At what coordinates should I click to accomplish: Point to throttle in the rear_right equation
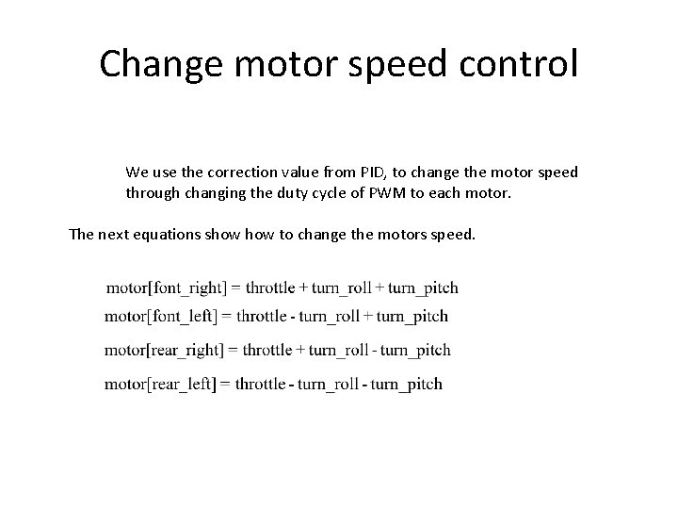pyautogui.click(x=268, y=350)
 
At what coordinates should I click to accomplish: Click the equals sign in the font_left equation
pyautogui.click(x=227, y=317)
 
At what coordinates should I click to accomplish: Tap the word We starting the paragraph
pyautogui.click(x=136, y=172)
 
